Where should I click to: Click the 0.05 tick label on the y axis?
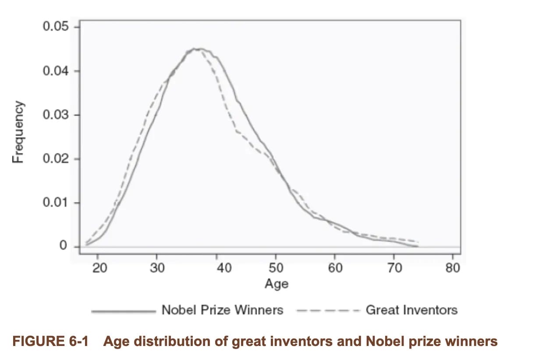click(56, 27)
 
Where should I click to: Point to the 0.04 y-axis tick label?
click(56, 71)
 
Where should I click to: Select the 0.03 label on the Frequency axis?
click(56, 115)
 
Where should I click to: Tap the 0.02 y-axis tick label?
click(56, 159)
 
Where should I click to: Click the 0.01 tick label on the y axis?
click(56, 203)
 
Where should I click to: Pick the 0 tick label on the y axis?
click(64, 246)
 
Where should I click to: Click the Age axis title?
click(277, 284)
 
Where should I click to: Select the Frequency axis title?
click(18, 132)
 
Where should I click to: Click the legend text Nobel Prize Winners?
click(222, 310)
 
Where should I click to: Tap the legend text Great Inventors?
click(411, 310)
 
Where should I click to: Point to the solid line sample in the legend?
click(123, 311)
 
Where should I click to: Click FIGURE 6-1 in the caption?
click(50, 341)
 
